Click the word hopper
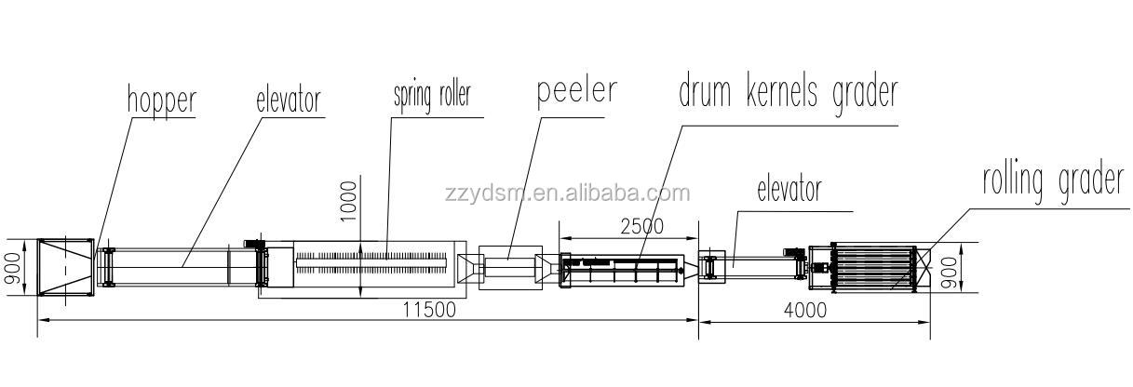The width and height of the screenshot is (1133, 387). (x=161, y=102)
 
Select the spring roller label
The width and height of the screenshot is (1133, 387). (x=432, y=96)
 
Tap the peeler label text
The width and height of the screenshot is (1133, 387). (x=576, y=92)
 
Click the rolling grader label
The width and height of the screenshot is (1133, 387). (x=1053, y=182)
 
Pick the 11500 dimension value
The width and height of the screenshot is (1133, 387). (x=429, y=309)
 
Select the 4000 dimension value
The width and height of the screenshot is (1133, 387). (x=805, y=310)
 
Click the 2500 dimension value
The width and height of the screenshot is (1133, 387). (x=641, y=226)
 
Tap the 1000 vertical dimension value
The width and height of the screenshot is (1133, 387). (x=348, y=201)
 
